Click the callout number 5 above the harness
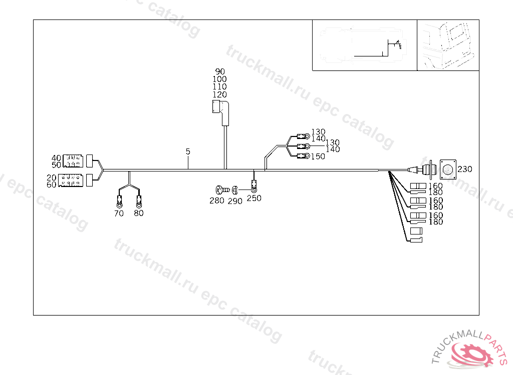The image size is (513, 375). click(x=188, y=151)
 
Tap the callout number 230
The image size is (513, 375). click(x=465, y=169)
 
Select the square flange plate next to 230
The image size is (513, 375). click(x=448, y=169)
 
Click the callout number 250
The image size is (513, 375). click(x=254, y=198)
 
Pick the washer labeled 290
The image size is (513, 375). click(x=234, y=190)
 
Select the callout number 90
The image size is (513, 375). click(x=220, y=71)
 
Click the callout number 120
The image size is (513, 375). click(x=220, y=94)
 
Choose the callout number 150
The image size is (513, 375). click(x=318, y=156)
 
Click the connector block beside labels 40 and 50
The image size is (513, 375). click(x=73, y=161)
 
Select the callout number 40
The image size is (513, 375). click(x=56, y=158)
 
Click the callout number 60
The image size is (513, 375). click(x=52, y=184)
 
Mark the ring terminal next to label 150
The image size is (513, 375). click(x=303, y=156)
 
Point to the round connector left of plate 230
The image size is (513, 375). click(x=427, y=168)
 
